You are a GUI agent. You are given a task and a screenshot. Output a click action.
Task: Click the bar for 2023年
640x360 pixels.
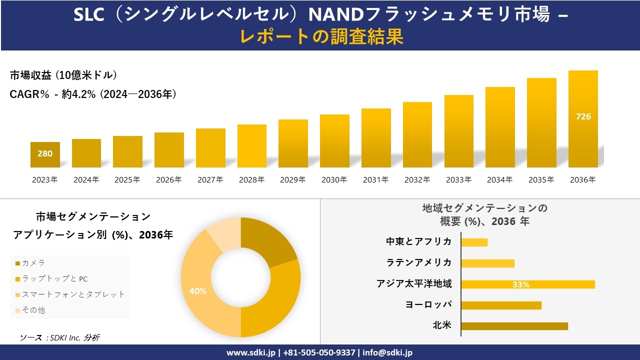[45, 155]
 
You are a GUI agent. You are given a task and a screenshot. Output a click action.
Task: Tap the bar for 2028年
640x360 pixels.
[252, 146]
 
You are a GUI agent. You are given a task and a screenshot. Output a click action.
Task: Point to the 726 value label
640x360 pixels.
[583, 116]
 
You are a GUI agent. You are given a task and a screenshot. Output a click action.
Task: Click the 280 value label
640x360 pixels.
[45, 153]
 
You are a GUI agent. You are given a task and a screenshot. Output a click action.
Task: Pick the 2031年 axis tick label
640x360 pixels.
[376, 180]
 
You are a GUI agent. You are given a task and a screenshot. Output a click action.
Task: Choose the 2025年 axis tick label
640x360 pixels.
[127, 180]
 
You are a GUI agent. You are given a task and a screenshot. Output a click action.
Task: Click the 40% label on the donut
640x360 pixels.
[198, 291]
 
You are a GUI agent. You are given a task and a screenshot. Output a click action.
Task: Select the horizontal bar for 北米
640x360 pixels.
[514, 326]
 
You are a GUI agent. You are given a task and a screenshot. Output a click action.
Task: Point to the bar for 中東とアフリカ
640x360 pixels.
[474, 242]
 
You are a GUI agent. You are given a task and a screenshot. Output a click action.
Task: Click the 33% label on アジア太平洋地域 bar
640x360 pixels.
[520, 284]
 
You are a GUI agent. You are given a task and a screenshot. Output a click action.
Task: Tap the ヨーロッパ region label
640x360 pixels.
[428, 304]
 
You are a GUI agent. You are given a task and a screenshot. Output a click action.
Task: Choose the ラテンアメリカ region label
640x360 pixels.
[419, 262]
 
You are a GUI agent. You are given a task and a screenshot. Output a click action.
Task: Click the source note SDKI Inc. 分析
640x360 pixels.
[59, 337]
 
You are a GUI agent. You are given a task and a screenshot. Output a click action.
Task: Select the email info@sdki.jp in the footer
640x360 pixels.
[387, 352]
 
